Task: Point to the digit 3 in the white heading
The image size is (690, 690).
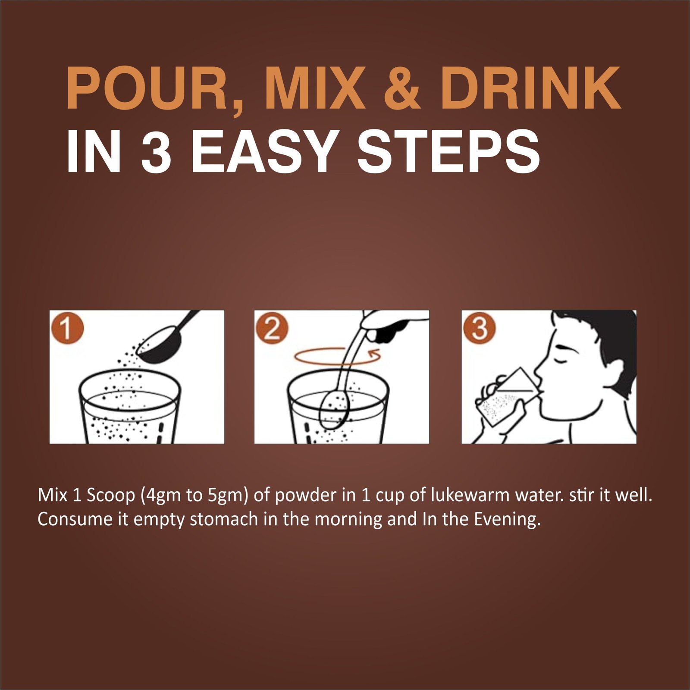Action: click(156, 151)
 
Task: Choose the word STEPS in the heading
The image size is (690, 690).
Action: click(448, 151)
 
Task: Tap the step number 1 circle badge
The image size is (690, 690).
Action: click(66, 329)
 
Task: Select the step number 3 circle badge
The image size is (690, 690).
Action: click(479, 329)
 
